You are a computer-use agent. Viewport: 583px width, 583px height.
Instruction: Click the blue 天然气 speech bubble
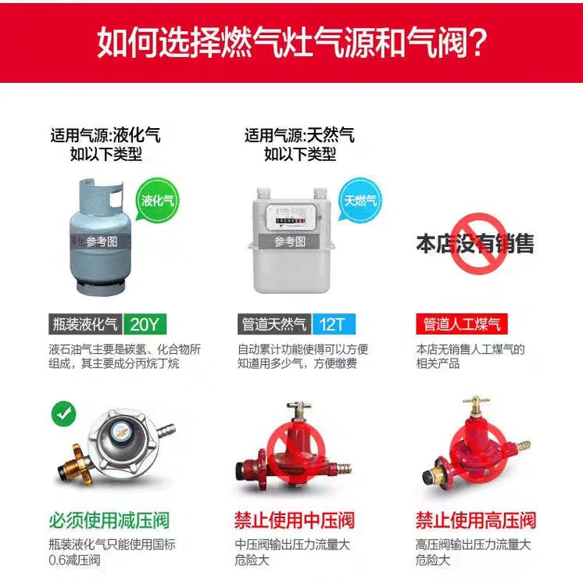pyautogui.click(x=359, y=200)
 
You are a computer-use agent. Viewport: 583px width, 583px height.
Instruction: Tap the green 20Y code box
pyautogui.click(x=145, y=324)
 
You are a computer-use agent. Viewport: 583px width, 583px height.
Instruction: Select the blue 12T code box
pyautogui.click(x=334, y=324)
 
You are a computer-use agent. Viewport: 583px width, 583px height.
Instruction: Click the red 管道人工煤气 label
pyautogui.click(x=461, y=324)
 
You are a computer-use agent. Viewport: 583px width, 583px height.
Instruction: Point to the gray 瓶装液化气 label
pyautogui.click(x=85, y=324)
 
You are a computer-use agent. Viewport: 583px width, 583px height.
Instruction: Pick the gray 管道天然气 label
pyautogui.click(x=275, y=324)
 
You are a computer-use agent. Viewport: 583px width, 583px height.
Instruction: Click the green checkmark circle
pyautogui.click(x=63, y=413)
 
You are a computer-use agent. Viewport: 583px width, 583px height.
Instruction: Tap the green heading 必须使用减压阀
pyautogui.click(x=109, y=520)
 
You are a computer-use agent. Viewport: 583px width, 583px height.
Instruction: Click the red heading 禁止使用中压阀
pyautogui.click(x=294, y=520)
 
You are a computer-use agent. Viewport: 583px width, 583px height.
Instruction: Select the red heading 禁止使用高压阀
pyautogui.click(x=476, y=520)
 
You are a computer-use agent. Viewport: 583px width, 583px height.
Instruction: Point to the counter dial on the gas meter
pyautogui.click(x=291, y=221)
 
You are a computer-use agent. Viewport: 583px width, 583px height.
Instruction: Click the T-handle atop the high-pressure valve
pyautogui.click(x=476, y=401)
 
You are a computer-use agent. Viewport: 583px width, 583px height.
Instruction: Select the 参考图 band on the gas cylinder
pyautogui.click(x=101, y=241)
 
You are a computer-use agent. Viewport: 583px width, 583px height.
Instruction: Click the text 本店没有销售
pyautogui.click(x=475, y=244)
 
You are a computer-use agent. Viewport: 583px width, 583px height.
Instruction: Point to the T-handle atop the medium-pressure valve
pyautogui.click(x=299, y=406)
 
